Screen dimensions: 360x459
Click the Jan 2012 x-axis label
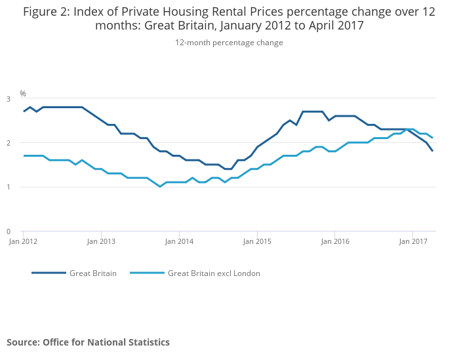pos(23,241)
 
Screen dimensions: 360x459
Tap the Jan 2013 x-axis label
pos(101,241)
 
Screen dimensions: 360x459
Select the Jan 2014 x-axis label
pos(179,241)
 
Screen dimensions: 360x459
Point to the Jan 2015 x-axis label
pos(257,241)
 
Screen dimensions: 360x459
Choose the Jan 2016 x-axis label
pos(334,241)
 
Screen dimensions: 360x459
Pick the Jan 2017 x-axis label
pos(412,241)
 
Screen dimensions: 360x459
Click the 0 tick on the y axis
pos(9,231)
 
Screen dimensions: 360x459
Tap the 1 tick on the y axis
pos(9,188)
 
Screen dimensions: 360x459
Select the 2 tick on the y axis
pos(9,143)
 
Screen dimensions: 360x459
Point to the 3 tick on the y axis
pos(9,99)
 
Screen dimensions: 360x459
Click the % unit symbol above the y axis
pos(22,94)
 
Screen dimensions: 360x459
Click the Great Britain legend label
pos(93,273)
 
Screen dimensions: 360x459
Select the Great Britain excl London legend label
pos(214,273)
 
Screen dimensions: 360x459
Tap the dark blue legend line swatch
pos(49,273)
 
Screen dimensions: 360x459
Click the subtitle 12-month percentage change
pos(229,43)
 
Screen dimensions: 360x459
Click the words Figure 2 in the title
pos(48,11)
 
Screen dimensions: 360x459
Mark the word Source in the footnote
pos(23,342)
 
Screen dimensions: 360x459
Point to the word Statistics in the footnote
pos(148,342)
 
